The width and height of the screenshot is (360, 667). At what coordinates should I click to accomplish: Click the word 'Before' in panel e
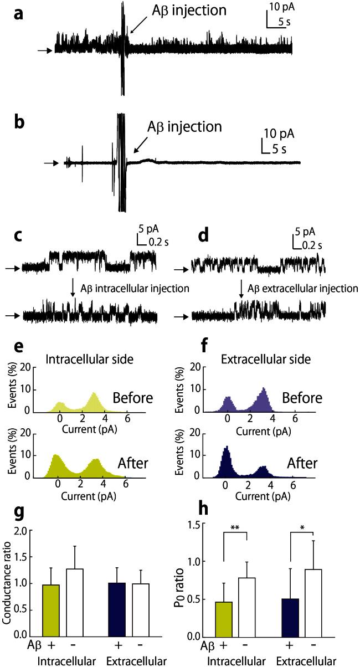click(x=128, y=397)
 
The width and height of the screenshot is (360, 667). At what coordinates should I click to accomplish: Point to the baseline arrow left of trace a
click(x=45, y=51)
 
